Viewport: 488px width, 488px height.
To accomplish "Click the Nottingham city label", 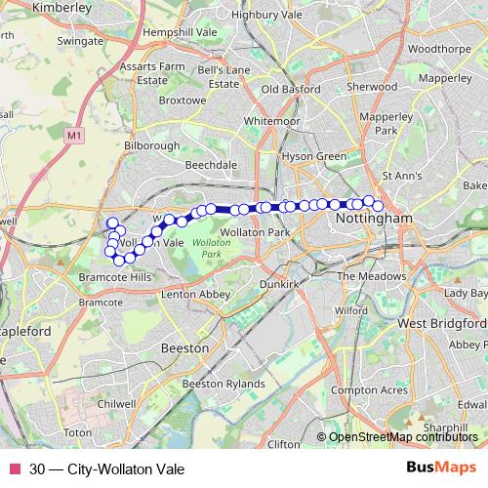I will click(x=375, y=221).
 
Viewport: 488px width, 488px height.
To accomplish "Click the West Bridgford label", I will click(x=441, y=323).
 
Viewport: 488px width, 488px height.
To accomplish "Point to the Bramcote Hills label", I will click(x=116, y=277).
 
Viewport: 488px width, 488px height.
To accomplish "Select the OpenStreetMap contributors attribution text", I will click(x=404, y=436).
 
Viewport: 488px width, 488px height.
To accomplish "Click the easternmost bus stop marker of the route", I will click(x=378, y=206).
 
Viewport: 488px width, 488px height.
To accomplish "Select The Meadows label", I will click(x=371, y=276).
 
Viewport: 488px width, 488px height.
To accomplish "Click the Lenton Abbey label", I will click(x=195, y=293).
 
